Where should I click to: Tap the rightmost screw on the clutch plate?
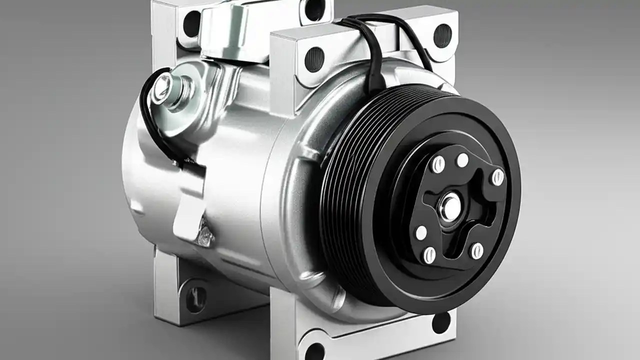coord(497,177)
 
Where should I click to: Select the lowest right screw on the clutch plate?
coord(477,250)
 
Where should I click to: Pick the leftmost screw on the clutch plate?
coord(421,232)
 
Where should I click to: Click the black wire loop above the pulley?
coord(372,45)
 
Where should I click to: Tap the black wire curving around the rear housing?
coord(148,120)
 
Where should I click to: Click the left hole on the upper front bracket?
coord(314,58)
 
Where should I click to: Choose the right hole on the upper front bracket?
coord(442,35)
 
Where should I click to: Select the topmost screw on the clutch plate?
coord(463,160)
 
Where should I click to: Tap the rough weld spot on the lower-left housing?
coord(205,232)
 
